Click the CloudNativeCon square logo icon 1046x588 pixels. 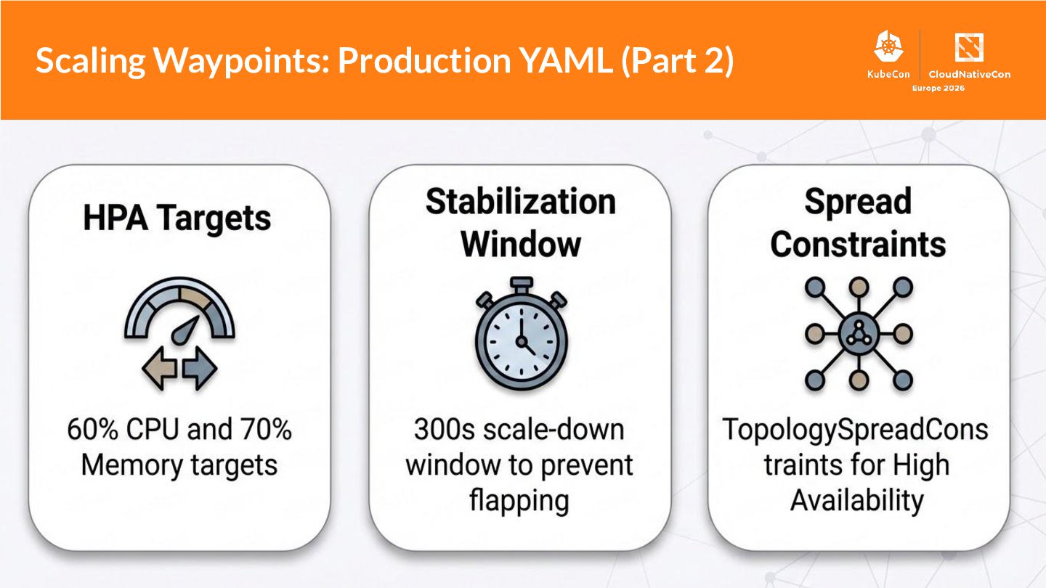pyautogui.click(x=969, y=48)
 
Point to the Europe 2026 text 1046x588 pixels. pyautogui.click(x=938, y=88)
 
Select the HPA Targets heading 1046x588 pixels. pyautogui.click(x=177, y=219)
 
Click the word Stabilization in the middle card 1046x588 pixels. pyautogui.click(x=520, y=202)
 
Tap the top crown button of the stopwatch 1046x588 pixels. pyautogui.click(x=521, y=284)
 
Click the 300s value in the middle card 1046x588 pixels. pyautogui.click(x=438, y=430)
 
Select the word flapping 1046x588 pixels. pyautogui.click(x=519, y=501)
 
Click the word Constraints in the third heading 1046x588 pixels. pyautogui.click(x=858, y=245)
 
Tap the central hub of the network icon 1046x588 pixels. pyautogui.click(x=859, y=334)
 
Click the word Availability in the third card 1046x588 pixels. pyautogui.click(x=857, y=500)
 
